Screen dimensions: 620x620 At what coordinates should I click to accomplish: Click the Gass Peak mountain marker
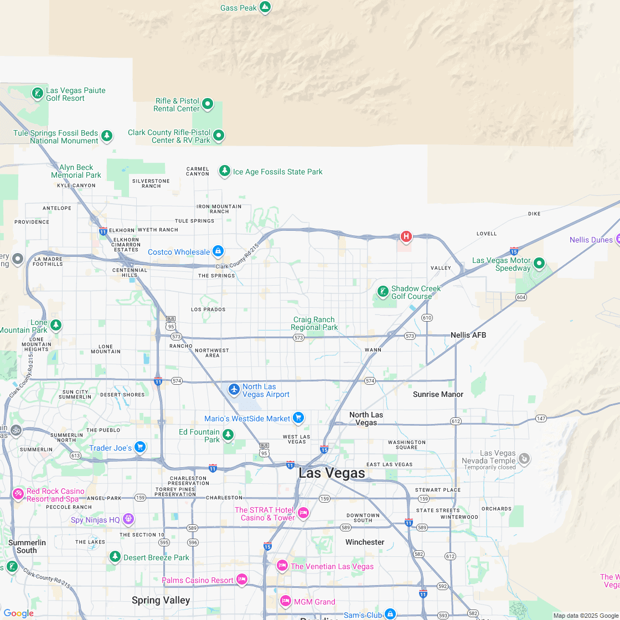coord(265,7)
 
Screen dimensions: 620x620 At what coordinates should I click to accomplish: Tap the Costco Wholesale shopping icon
coord(218,251)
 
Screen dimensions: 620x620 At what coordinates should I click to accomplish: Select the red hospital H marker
coord(406,237)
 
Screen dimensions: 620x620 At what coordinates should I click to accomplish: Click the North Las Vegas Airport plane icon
coord(234,390)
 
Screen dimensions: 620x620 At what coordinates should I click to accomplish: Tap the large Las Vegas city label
coord(332,473)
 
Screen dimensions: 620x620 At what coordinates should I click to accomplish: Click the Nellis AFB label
coord(468,335)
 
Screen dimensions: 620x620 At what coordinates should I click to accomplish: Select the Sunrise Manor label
coord(438,394)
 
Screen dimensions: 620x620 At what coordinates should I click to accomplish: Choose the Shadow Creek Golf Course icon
coord(383,291)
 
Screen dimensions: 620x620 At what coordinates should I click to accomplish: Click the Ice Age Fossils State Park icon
coord(224,171)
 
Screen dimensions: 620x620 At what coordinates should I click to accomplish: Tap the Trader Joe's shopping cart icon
coord(140,447)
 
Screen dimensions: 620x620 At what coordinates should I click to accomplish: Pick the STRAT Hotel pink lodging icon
coord(303,513)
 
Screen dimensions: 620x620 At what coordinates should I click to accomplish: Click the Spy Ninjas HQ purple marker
coord(128,519)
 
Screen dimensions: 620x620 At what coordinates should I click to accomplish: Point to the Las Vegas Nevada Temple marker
coord(524,458)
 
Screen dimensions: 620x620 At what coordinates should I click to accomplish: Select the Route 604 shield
coord(520,297)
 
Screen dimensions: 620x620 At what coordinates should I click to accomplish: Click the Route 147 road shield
coord(541,418)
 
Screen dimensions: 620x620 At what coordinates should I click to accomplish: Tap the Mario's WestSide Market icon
coord(298,418)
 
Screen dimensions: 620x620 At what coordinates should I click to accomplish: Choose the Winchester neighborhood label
coord(365,542)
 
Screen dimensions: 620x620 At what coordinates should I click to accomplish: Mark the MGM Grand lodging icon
coord(285,601)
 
